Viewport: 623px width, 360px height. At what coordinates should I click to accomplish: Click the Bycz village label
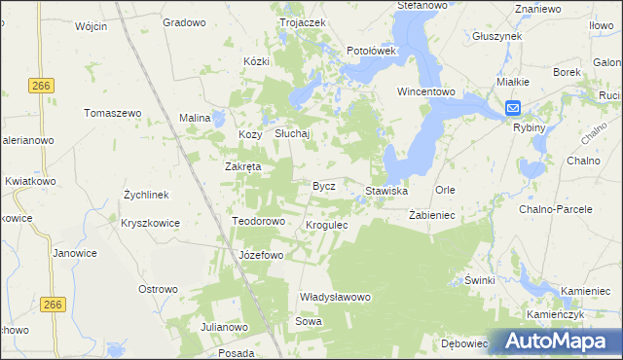[323, 186]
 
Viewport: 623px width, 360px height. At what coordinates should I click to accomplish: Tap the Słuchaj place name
[291, 134]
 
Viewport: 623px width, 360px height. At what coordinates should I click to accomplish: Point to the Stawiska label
[386, 191]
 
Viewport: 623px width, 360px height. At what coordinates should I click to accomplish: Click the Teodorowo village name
[258, 222]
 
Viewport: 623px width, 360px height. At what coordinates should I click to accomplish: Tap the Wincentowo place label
[426, 92]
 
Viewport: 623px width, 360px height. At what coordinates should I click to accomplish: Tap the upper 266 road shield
[41, 86]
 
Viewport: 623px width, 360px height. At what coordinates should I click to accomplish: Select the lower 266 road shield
[54, 305]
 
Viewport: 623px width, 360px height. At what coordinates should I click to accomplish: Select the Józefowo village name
[261, 256]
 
